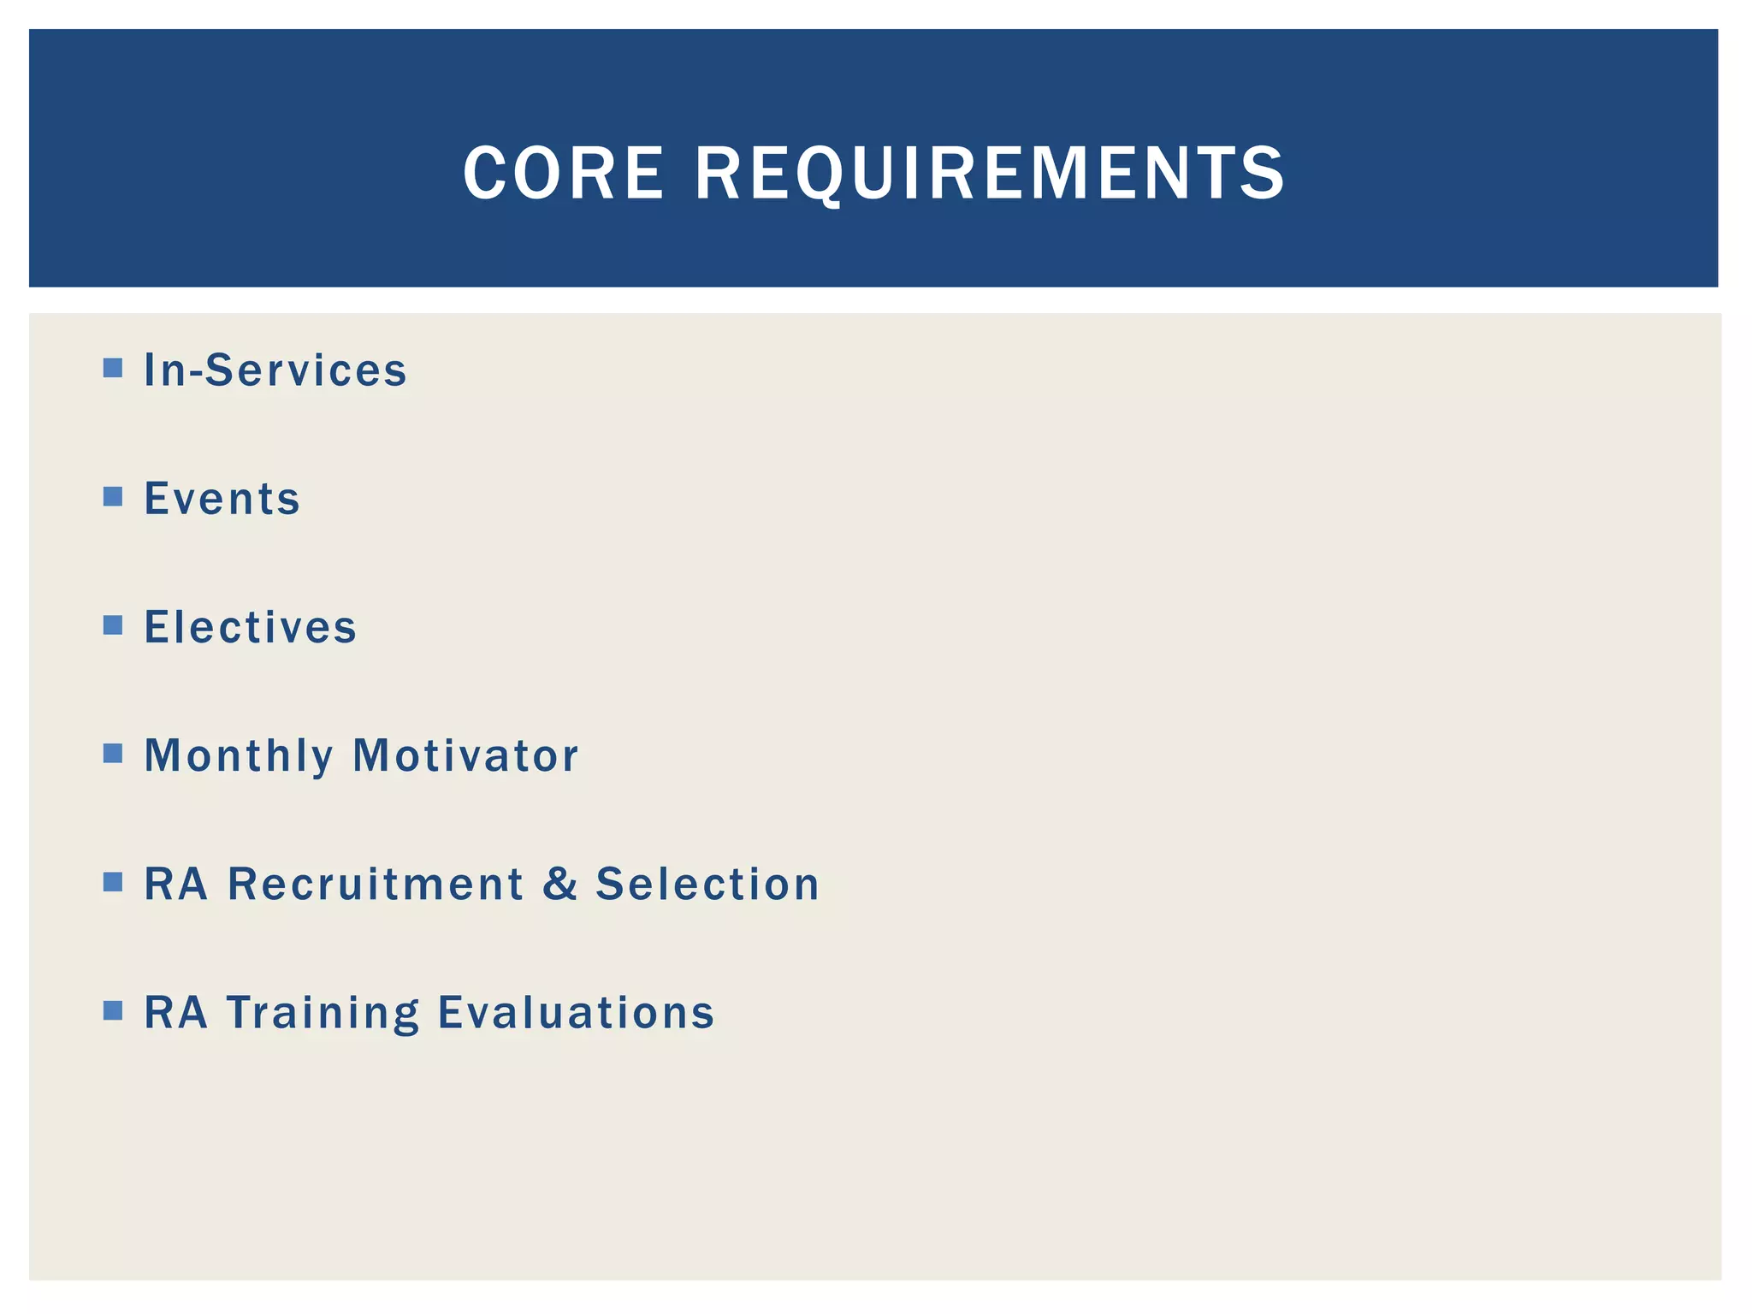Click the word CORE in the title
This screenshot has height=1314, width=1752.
tap(563, 174)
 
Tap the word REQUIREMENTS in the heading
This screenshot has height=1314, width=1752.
tap(990, 174)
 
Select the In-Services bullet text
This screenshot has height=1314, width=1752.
tap(275, 370)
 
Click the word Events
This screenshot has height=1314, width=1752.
tap(222, 499)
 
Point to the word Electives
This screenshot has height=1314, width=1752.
tap(250, 627)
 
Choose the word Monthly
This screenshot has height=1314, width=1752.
tap(239, 756)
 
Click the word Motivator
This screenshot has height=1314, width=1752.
tap(465, 756)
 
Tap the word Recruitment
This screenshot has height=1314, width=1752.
tap(376, 884)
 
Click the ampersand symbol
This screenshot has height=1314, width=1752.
tap(560, 884)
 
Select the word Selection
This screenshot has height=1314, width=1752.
tap(707, 884)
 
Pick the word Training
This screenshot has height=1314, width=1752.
tap(323, 1013)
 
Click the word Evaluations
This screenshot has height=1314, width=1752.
tap(576, 1013)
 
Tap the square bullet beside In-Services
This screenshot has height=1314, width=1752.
tap(113, 368)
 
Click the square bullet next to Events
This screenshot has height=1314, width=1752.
tap(113, 496)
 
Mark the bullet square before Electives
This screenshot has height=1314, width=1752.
tap(113, 625)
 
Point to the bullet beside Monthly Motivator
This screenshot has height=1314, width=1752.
tap(113, 754)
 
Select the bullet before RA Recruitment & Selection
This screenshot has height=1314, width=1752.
tap(113, 882)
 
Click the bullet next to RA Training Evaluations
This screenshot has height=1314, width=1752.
tap(113, 1010)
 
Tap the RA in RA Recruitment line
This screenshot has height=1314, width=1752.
tap(175, 884)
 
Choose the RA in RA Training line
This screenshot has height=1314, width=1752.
tap(175, 1013)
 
